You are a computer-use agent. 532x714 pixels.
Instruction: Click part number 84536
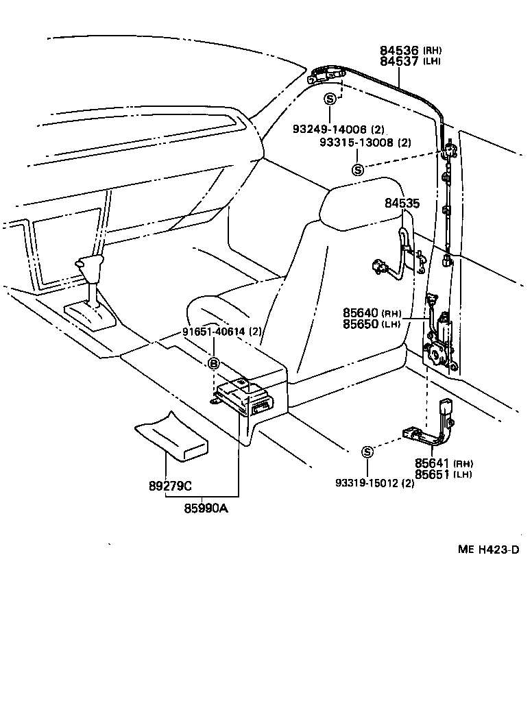coord(400,50)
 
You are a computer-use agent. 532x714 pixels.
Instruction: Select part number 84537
coord(400,61)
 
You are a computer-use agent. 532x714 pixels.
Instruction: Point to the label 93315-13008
coord(356,143)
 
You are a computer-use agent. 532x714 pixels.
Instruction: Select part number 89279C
coord(170,487)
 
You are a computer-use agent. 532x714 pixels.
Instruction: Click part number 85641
coord(432,463)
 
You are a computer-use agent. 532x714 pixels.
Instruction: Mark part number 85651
coord(432,473)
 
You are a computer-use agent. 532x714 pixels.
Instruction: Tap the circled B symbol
coord(213,364)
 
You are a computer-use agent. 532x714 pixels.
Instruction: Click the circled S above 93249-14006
coord(330,99)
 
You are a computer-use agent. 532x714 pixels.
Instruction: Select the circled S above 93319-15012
coord(367,452)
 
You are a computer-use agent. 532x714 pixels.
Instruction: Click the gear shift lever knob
coord(89,264)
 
